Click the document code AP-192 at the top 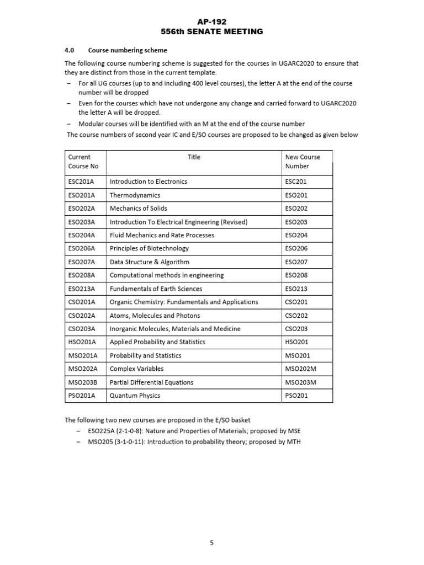click(x=212, y=22)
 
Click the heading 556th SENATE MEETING click(x=212, y=31)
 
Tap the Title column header click(x=194, y=157)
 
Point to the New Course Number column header click(x=303, y=161)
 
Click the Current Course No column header click(x=83, y=161)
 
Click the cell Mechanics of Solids click(x=138, y=209)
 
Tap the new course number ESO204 click(x=296, y=235)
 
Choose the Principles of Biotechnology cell click(x=149, y=248)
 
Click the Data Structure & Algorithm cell click(x=149, y=262)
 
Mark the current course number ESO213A click(x=82, y=289)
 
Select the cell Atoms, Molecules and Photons click(x=155, y=316)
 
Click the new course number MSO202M click(x=301, y=369)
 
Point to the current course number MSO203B click(x=82, y=382)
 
